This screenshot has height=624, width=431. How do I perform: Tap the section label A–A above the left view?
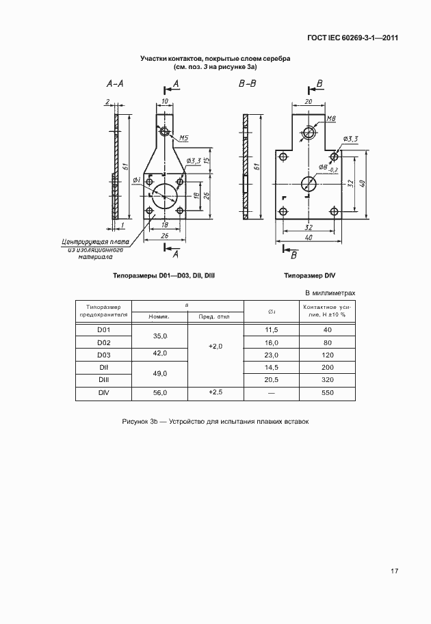pyautogui.click(x=115, y=83)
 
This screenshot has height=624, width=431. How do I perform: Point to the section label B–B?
pyautogui.click(x=247, y=83)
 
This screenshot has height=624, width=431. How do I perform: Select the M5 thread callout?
pyautogui.click(x=184, y=139)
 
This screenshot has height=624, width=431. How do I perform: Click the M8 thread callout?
pyautogui.click(x=331, y=119)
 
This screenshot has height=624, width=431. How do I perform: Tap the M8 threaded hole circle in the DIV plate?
pyautogui.click(x=309, y=132)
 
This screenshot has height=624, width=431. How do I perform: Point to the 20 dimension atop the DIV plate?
pyautogui.click(x=309, y=100)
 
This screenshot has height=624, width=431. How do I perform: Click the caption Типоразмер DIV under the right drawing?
pyautogui.click(x=310, y=276)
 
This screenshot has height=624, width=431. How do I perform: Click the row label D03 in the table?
pyautogui.click(x=103, y=355)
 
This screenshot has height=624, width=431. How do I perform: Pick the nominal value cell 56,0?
pyautogui.click(x=159, y=393)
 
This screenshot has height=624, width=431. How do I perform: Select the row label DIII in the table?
pyautogui.click(x=103, y=380)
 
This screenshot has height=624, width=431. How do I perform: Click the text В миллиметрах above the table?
pyautogui.click(x=329, y=293)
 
